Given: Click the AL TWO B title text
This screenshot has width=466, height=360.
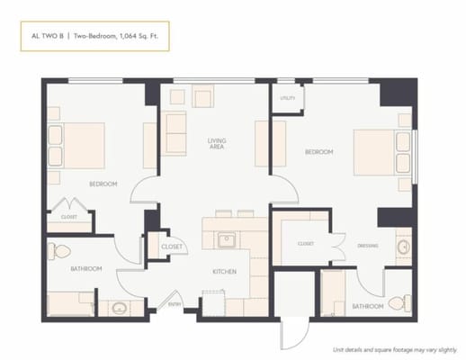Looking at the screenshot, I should pos(47,38).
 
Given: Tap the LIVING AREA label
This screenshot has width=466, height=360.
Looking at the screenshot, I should pos(217,143).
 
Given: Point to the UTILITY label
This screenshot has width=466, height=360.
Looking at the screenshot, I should pos(287,97).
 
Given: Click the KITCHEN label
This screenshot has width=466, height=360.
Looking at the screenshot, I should pos(224,271).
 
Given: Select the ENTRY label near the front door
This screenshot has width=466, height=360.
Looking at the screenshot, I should pos(175,304).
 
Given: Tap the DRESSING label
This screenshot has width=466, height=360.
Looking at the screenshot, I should pos(367,245).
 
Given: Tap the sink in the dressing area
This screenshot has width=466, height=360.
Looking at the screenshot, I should pos(402,243).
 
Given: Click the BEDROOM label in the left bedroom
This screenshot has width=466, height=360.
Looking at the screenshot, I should pos(103,184).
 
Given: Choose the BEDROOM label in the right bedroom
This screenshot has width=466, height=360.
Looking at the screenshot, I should pos(318,152).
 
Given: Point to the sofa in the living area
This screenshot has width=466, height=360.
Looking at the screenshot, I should pos(176,130).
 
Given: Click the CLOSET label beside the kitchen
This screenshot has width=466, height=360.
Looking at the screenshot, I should pos(171,247).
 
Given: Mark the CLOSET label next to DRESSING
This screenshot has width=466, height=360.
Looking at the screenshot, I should pos(305,244).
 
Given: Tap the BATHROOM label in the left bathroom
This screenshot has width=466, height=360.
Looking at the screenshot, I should pos(86,268).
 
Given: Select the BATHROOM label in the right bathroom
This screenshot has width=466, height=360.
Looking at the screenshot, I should pos(367,306).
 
